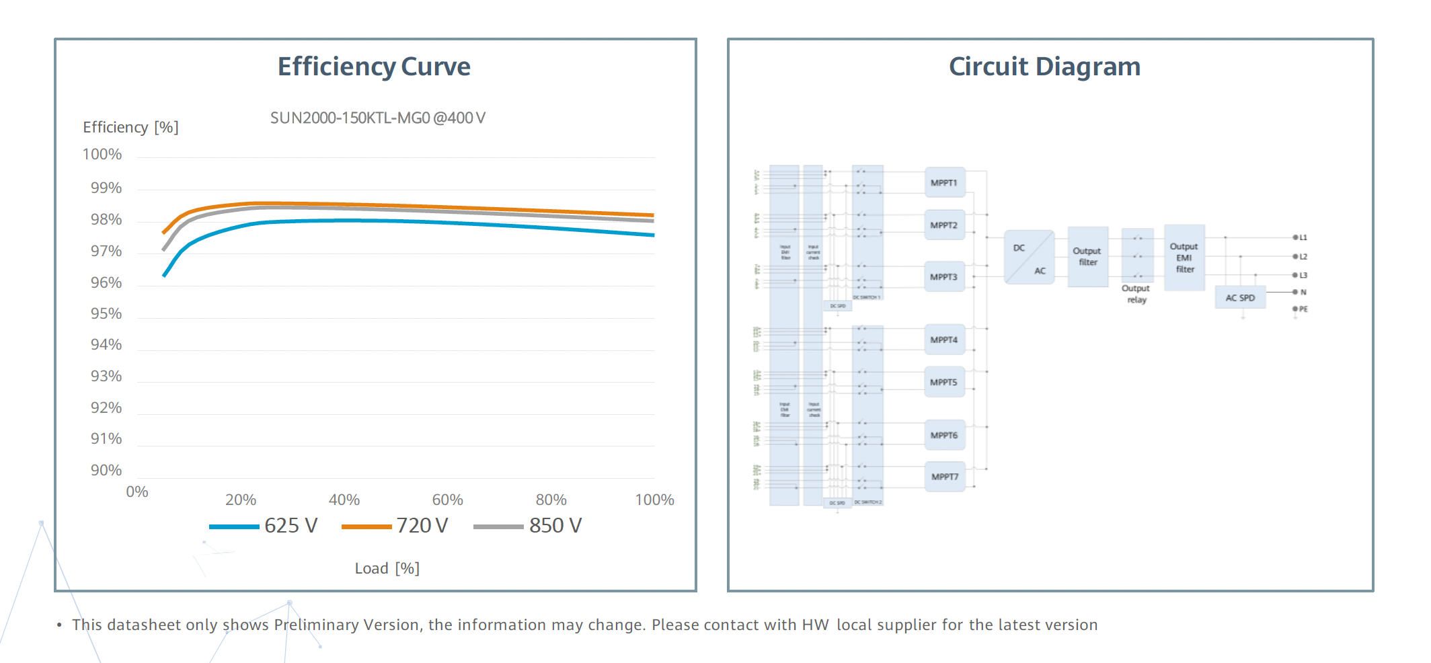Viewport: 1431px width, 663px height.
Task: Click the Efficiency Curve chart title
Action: click(x=374, y=67)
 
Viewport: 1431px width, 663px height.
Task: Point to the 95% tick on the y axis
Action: click(x=106, y=314)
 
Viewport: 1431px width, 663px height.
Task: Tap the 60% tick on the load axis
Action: click(x=447, y=500)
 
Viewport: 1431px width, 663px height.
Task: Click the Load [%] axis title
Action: click(x=387, y=569)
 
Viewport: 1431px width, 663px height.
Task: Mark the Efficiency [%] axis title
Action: click(x=130, y=128)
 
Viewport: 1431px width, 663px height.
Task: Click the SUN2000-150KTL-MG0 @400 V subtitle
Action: click(x=377, y=118)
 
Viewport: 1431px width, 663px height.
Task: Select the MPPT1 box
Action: click(x=944, y=183)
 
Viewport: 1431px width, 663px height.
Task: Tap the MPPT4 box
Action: click(x=944, y=340)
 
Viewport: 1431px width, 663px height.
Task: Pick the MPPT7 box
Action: click(x=945, y=477)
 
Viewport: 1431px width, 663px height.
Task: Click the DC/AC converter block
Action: click(x=1029, y=258)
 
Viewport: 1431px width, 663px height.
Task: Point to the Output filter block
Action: click(x=1087, y=257)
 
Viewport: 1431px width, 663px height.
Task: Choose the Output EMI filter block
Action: click(x=1184, y=258)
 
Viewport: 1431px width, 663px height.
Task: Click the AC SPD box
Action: click(x=1240, y=298)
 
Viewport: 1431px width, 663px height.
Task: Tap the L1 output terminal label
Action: click(x=1303, y=237)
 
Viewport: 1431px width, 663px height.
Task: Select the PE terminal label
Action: click(x=1303, y=309)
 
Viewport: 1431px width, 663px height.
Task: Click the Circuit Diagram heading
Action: click(x=1044, y=67)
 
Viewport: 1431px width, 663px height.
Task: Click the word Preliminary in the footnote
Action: click(x=316, y=625)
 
